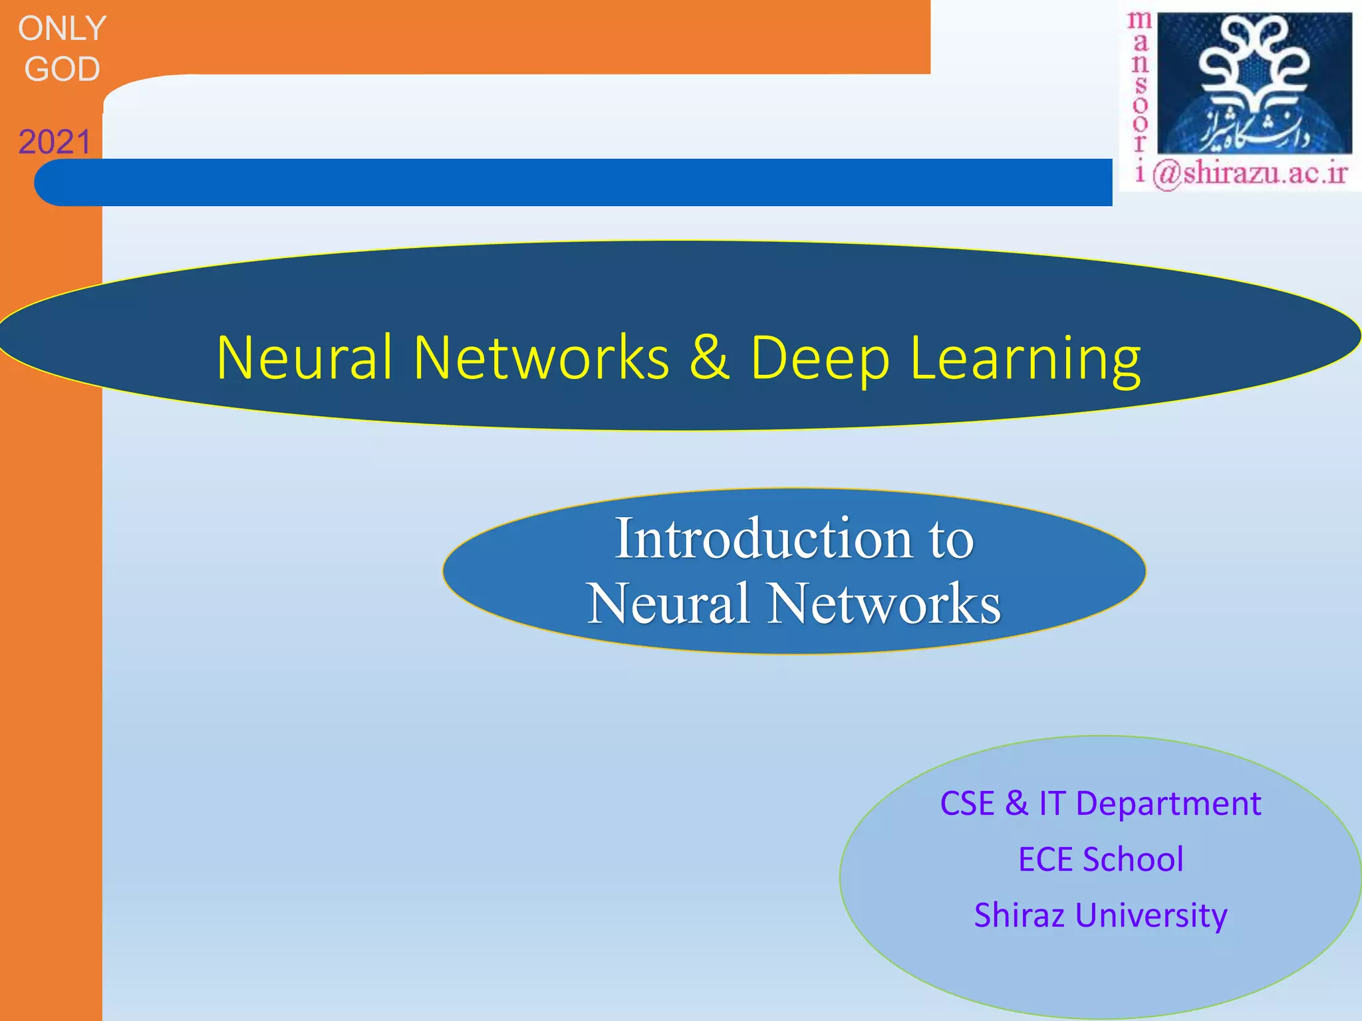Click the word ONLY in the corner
(62, 29)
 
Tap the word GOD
(62, 69)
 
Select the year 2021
(55, 142)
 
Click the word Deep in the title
(819, 359)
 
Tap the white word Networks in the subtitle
(884, 604)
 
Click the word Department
(1168, 804)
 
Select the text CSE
(967, 803)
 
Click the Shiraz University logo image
(1254, 82)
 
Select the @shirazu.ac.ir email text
(1250, 174)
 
